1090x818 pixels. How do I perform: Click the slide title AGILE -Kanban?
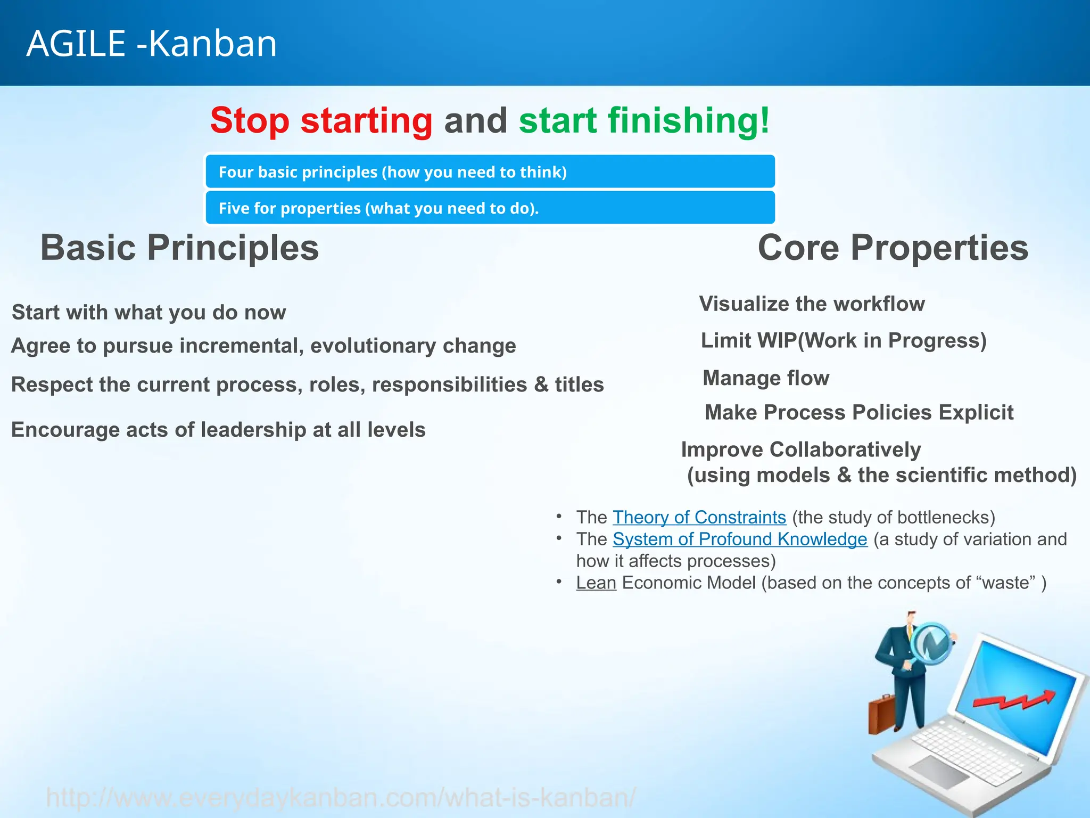[x=152, y=44]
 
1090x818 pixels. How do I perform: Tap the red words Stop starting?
[x=321, y=121]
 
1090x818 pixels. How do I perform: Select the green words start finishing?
[x=644, y=121]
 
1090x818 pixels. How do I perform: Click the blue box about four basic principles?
[x=490, y=172]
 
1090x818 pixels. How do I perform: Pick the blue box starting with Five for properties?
[x=490, y=208]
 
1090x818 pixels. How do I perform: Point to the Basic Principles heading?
[x=180, y=248]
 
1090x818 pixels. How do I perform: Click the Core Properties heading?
[x=893, y=248]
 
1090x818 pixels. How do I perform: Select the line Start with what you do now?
[x=149, y=313]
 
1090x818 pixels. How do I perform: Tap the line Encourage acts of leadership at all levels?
[x=218, y=430]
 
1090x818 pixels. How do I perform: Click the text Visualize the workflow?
[x=812, y=304]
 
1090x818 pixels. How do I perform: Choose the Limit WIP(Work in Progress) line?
[x=844, y=341]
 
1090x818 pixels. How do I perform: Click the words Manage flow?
[x=766, y=378]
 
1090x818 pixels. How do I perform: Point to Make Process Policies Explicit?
[x=859, y=413]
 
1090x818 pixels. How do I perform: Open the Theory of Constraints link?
[x=699, y=518]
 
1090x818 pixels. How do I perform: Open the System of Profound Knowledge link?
[x=740, y=539]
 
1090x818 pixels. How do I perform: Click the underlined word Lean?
[x=596, y=583]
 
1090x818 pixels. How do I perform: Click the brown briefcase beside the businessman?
[x=881, y=714]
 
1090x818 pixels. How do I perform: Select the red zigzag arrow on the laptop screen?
[x=1014, y=700]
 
